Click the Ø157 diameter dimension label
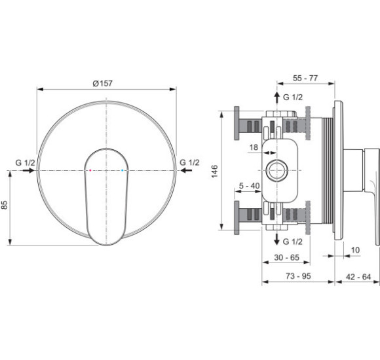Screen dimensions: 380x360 click(x=102, y=83)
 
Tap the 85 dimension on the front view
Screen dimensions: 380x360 click(x=5, y=205)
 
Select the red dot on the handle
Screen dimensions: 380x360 click(x=90, y=170)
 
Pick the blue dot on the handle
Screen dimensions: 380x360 click(x=122, y=170)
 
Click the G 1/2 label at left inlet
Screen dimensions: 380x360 click(x=25, y=163)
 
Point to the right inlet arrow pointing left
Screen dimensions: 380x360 click(x=186, y=170)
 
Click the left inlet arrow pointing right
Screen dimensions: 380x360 click(x=29, y=170)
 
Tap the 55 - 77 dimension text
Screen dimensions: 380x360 click(x=305, y=78)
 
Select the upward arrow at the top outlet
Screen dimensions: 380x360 click(x=276, y=98)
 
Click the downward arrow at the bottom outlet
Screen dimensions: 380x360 click(x=276, y=240)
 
